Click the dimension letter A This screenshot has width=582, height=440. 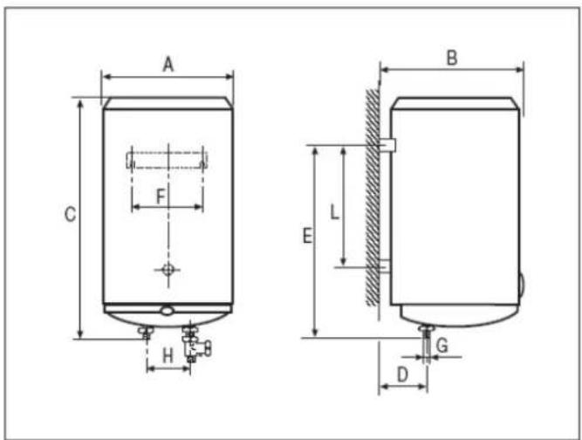[168, 65]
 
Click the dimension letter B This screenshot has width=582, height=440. [452, 58]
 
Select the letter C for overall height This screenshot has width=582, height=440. [70, 214]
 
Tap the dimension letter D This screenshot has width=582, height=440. [403, 375]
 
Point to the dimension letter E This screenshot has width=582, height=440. [307, 236]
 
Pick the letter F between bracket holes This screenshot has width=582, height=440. [161, 196]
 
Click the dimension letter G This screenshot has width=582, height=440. [442, 346]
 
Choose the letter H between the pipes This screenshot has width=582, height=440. [168, 356]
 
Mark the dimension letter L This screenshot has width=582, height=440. [334, 213]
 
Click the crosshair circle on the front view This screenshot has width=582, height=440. [168, 269]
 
